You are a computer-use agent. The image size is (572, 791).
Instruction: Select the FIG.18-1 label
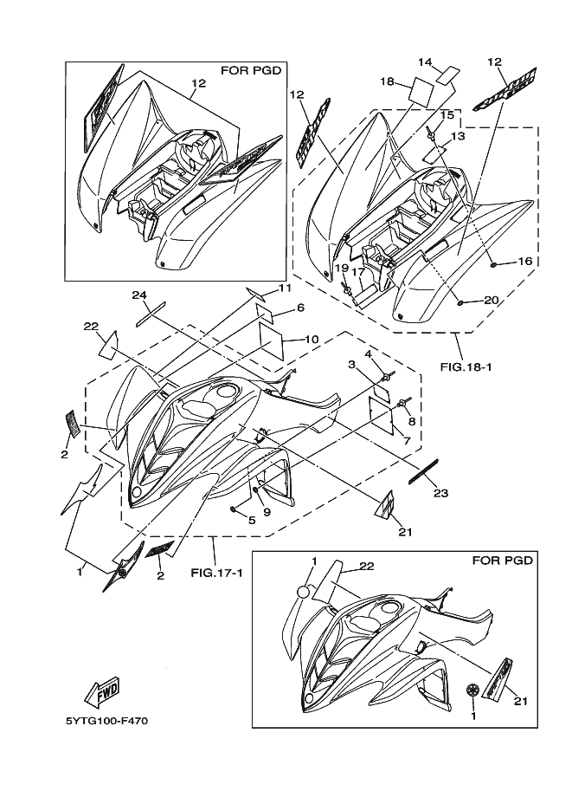(466, 366)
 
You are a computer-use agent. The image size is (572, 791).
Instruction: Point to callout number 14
(425, 62)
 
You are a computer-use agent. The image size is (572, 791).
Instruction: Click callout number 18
(387, 81)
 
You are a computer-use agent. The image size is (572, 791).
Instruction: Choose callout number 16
(524, 261)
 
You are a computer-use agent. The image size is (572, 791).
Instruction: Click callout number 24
(139, 295)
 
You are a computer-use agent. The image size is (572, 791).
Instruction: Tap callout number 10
(312, 338)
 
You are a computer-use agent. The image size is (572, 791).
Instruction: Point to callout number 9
(267, 511)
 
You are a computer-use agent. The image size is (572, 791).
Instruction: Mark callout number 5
(252, 520)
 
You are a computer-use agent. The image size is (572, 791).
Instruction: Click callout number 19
(343, 269)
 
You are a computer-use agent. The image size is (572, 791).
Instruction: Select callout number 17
(358, 271)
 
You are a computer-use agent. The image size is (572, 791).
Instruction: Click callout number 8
(412, 421)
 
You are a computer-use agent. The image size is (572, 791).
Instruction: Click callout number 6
(299, 308)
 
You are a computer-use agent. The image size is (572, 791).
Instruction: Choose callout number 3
(352, 366)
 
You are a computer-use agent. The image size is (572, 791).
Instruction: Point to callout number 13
(458, 136)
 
